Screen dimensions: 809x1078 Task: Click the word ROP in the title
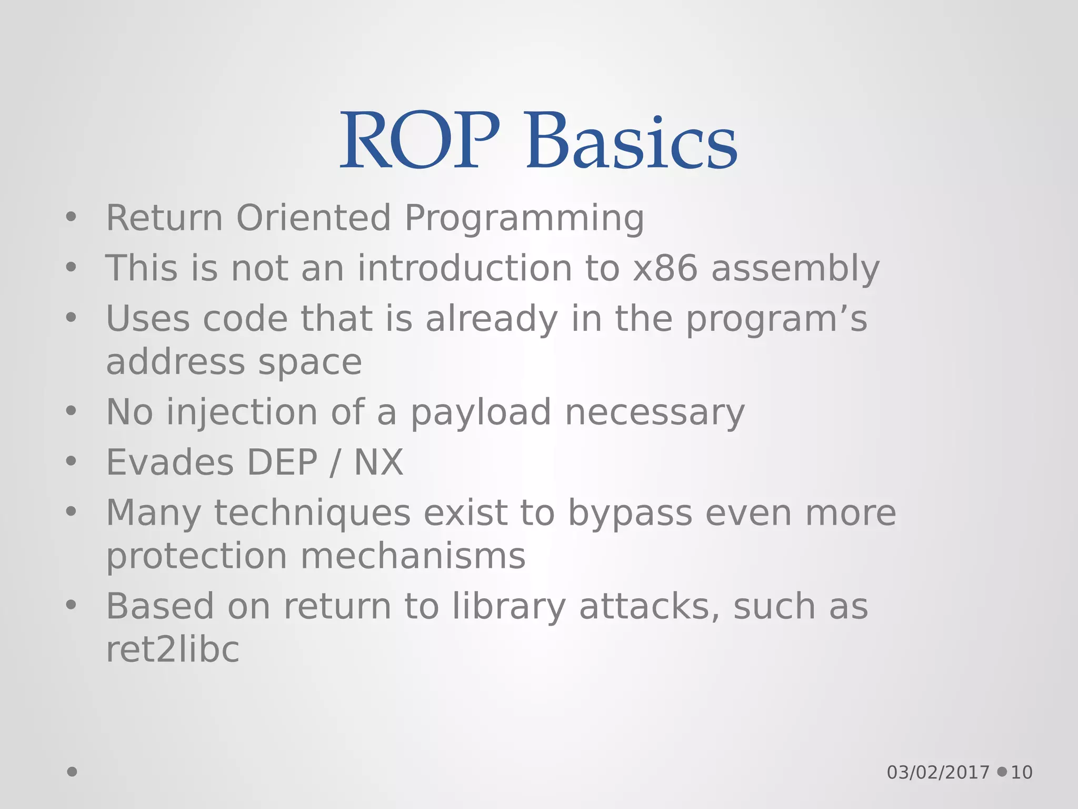point(420,141)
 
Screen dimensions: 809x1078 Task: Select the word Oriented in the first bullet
point(314,218)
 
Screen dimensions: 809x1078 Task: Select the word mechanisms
point(413,556)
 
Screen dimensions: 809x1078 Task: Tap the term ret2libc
point(173,649)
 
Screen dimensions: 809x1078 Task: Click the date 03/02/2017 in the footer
point(938,773)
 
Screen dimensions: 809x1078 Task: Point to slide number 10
point(1022,773)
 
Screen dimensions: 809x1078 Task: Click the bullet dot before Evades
point(71,461)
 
